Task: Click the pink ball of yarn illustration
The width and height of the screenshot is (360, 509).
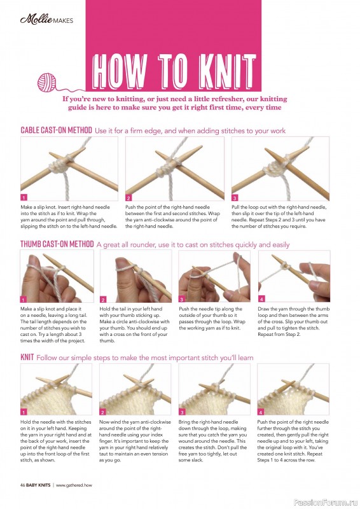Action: [x=46, y=83]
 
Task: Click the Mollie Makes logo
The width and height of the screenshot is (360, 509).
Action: [x=46, y=20]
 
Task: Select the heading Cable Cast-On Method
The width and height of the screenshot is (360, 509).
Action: [x=56, y=130]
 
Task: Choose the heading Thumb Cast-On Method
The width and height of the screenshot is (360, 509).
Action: [x=57, y=244]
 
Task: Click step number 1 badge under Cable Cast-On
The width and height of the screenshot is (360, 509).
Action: [x=24, y=197]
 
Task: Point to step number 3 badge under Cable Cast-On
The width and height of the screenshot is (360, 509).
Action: [x=235, y=197]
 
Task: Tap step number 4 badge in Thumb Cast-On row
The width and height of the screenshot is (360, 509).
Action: [x=261, y=298]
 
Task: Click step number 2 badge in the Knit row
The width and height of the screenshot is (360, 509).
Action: [x=103, y=412]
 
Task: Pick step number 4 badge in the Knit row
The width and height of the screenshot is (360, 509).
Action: [x=261, y=412]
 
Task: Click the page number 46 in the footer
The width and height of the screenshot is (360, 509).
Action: [x=23, y=485]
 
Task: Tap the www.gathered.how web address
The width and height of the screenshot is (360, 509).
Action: [x=74, y=485]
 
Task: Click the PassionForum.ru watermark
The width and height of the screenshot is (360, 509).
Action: [x=326, y=503]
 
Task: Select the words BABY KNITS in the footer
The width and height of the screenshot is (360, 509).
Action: [x=38, y=485]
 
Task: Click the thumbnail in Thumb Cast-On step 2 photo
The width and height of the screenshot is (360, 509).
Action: [x=121, y=261]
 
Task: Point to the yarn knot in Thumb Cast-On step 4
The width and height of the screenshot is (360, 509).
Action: [x=286, y=266]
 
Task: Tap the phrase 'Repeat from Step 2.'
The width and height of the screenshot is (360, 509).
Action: [x=279, y=335]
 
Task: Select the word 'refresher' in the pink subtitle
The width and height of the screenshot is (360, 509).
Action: [x=223, y=99]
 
